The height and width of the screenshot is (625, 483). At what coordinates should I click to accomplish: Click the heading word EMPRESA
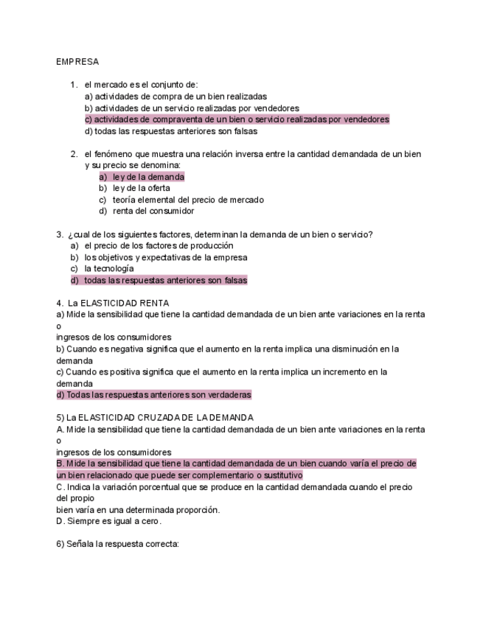tap(77, 62)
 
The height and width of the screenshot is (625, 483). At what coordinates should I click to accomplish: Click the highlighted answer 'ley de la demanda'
tap(148, 177)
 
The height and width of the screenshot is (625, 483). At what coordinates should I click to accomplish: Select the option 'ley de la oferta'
tap(141, 188)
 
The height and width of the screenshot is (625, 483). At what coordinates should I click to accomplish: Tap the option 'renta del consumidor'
tap(153, 211)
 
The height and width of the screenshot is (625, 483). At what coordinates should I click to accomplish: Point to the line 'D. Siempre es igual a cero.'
tap(108, 521)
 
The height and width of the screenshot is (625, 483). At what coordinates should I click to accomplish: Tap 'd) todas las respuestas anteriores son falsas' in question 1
tap(170, 131)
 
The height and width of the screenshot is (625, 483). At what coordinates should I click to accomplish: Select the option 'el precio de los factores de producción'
tap(159, 245)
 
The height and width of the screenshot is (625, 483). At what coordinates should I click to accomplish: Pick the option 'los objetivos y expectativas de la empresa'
tap(165, 257)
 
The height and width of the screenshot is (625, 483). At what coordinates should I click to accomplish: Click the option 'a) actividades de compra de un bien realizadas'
tap(176, 97)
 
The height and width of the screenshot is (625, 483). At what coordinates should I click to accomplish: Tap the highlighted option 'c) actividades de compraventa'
tap(236, 119)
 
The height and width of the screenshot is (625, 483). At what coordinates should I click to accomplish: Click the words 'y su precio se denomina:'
tap(132, 165)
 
